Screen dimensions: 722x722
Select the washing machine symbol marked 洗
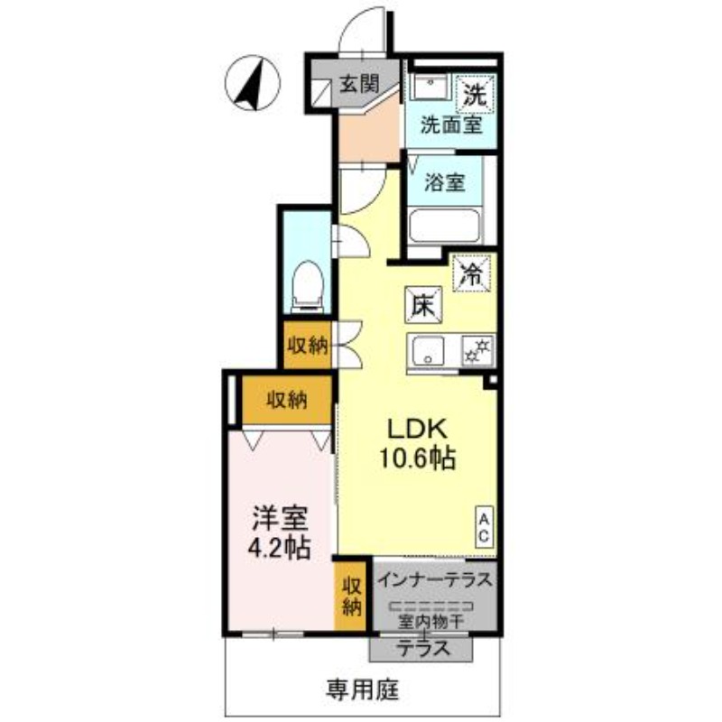[474, 91]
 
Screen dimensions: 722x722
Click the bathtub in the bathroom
[446, 225]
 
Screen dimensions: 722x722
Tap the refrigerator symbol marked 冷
[472, 272]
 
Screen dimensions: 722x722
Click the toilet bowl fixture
[309, 283]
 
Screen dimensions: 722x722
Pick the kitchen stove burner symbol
[475, 349]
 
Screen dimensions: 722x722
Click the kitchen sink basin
[427, 349]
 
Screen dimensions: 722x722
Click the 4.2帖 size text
[280, 548]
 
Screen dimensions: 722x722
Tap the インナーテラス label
[435, 579]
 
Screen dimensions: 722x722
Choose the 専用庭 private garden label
[362, 690]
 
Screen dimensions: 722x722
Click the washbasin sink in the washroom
[429, 90]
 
